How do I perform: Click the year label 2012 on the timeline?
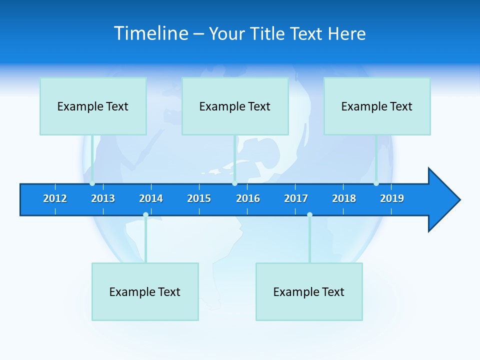point(55,198)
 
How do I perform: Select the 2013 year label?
point(103,198)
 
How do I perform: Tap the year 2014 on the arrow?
point(151,198)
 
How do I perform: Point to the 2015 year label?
point(199,198)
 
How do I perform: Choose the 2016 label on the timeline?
point(248,198)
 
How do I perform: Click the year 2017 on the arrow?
point(296,198)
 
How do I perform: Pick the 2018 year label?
point(344,198)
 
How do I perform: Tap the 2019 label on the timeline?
point(392,198)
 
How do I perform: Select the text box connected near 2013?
point(93,106)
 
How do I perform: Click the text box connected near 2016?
point(235,106)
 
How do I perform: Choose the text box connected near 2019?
point(377,106)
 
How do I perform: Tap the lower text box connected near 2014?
point(145,291)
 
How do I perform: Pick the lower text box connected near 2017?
point(309,291)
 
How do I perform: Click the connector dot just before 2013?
point(92,183)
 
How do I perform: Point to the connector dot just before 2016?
point(234,183)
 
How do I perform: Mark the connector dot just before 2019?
point(376,183)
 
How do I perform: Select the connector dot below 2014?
point(145,215)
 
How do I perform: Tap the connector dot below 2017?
point(309,215)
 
